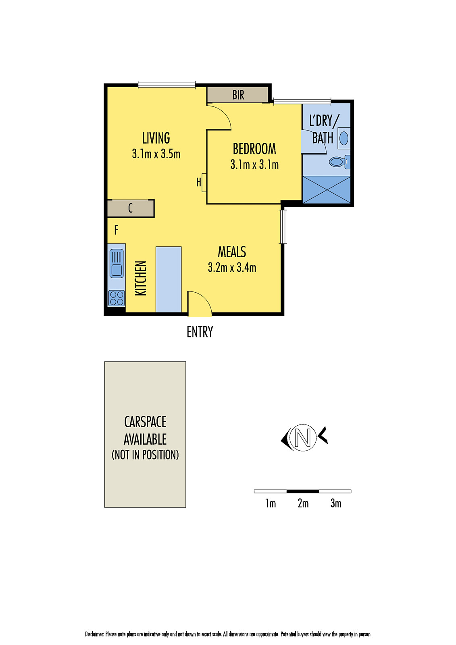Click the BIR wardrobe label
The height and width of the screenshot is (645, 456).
click(238, 95)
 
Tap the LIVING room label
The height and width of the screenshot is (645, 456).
click(156, 138)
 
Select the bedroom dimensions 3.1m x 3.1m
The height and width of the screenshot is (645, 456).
click(254, 165)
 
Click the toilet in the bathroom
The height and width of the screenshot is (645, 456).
click(339, 162)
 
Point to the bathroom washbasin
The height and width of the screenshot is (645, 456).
click(344, 138)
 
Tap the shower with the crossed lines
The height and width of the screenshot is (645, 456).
click(326, 189)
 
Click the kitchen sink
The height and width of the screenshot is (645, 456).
click(117, 263)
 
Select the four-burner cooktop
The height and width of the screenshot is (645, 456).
click(117, 298)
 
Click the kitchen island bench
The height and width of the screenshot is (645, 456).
click(169, 279)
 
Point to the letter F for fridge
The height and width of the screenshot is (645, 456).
click(116, 230)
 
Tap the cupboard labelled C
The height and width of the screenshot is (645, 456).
click(131, 208)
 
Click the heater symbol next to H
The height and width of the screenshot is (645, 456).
click(204, 182)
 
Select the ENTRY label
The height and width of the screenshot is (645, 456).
click(200, 332)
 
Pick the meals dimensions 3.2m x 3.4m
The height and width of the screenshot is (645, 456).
click(232, 268)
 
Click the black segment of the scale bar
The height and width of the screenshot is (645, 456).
click(302, 491)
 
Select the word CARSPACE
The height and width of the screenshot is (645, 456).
click(145, 422)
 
